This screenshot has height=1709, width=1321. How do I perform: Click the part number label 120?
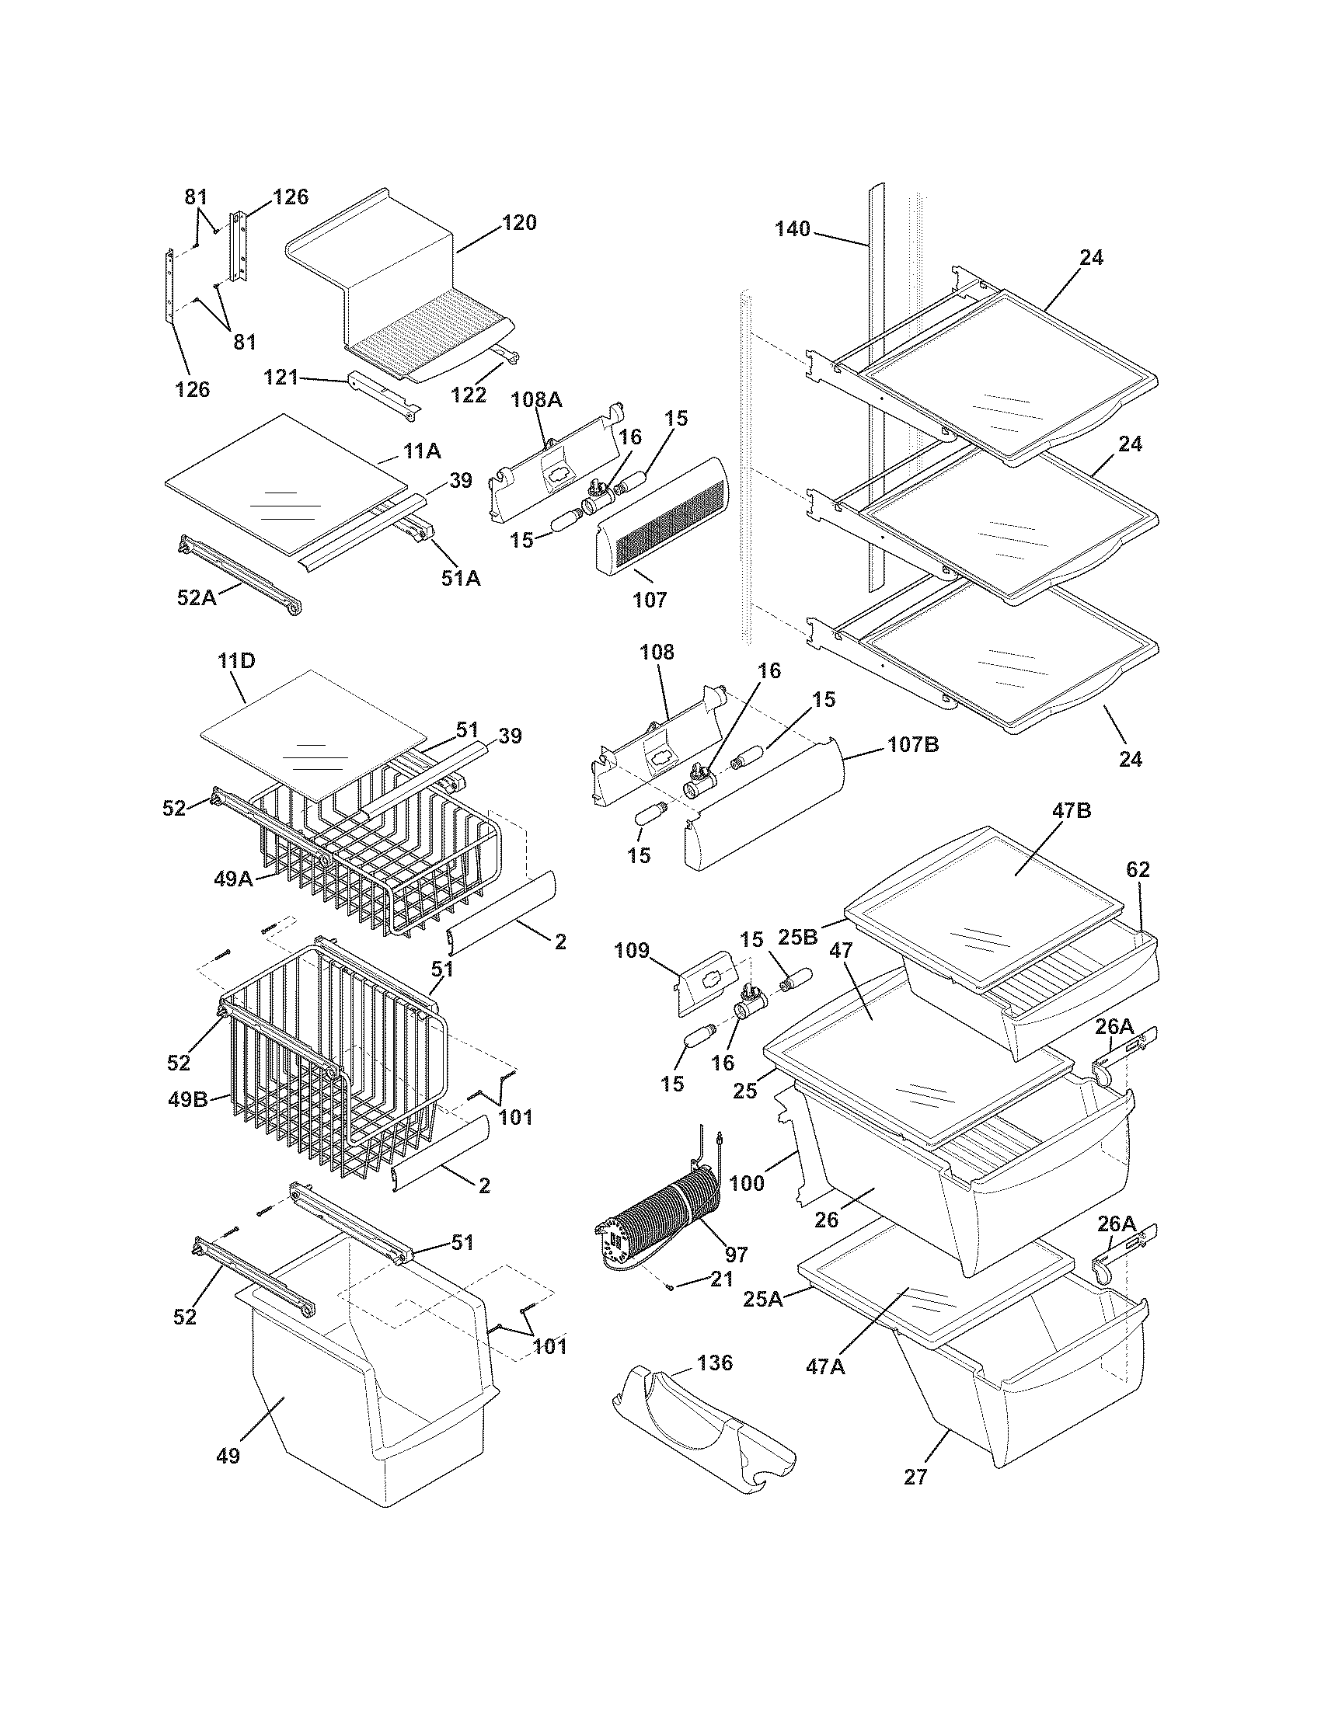(519, 223)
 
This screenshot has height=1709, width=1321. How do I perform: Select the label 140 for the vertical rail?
(793, 229)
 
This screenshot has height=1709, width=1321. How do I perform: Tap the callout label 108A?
(536, 400)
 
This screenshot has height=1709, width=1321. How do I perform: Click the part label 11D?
(236, 661)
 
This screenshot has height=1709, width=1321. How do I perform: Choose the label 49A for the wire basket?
(233, 879)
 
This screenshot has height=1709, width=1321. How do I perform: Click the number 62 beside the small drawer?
(1138, 869)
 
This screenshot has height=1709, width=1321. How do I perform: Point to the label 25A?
(763, 1300)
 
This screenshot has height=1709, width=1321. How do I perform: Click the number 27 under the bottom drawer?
(915, 1477)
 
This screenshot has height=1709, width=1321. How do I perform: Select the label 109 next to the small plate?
(632, 951)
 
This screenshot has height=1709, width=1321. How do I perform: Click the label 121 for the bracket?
(281, 378)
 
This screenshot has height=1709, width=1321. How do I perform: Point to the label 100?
(747, 1183)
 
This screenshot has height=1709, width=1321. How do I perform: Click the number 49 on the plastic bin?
(228, 1456)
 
